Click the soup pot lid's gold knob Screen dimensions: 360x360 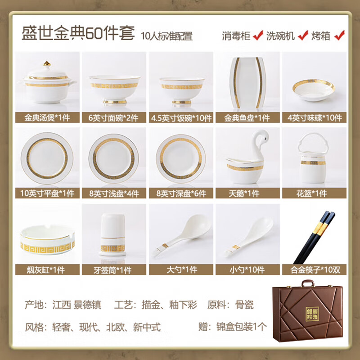(x=46, y=63)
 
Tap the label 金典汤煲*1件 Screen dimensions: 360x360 (x=47, y=118)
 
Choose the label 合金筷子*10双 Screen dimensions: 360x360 (x=315, y=270)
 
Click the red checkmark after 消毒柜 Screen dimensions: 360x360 (x=258, y=35)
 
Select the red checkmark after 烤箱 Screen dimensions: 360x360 (x=341, y=35)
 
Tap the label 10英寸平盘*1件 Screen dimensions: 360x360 (x=47, y=193)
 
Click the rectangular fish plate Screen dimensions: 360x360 (x=247, y=84)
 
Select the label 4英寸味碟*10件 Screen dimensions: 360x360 (x=315, y=118)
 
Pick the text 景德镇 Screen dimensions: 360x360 (x=89, y=305)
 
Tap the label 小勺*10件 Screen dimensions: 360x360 (x=247, y=270)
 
